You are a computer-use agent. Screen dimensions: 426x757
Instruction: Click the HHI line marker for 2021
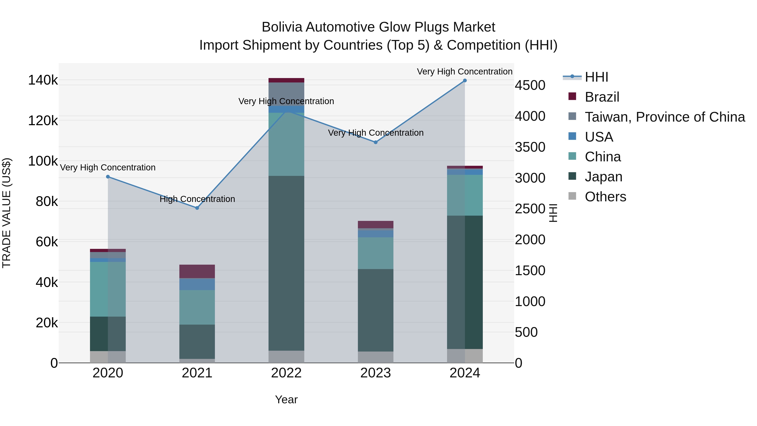(197, 208)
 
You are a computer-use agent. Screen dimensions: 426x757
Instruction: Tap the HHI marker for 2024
(465, 81)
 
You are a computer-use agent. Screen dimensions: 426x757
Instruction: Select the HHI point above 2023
(375, 142)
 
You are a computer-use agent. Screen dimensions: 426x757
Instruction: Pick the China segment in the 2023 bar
(375, 253)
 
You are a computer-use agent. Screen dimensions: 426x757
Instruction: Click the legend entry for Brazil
(602, 97)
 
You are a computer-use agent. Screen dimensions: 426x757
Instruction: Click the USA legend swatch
(572, 136)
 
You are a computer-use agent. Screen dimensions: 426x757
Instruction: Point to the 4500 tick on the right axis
(530, 86)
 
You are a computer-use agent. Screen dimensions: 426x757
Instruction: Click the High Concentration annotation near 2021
(197, 199)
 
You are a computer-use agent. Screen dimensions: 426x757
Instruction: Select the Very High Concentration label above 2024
(464, 72)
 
